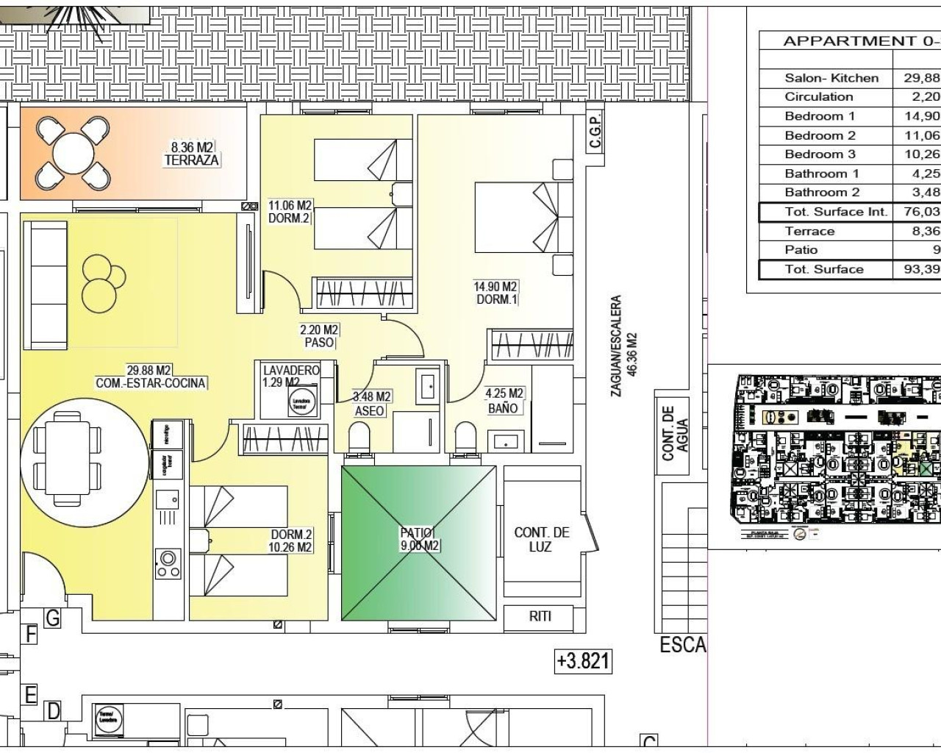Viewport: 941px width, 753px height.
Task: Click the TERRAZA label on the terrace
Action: point(191,160)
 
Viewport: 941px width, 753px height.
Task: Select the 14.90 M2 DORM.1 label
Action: point(495,293)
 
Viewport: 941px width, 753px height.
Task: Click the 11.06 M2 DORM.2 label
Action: point(290,212)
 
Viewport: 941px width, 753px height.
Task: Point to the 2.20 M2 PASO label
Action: point(319,336)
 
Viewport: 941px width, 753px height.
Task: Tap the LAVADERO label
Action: point(291,370)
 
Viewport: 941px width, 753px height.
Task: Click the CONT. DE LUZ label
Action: point(542,539)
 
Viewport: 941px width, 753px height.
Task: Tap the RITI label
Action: point(540,616)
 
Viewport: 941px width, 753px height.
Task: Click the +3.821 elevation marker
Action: point(583,660)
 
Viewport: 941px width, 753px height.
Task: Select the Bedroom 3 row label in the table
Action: point(820,154)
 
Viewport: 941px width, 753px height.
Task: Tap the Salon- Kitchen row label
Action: point(831,78)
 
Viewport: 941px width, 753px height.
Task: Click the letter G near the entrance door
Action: point(52,618)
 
